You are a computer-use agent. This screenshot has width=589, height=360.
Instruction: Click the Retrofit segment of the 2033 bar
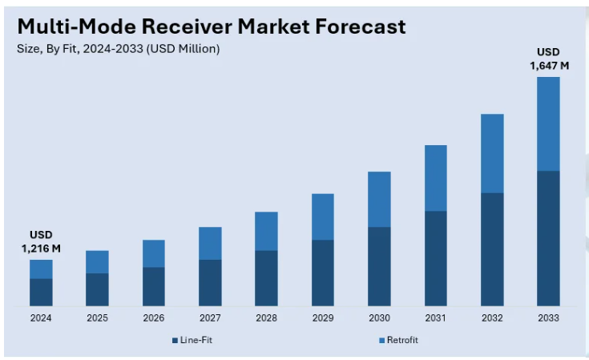pyautogui.click(x=548, y=123)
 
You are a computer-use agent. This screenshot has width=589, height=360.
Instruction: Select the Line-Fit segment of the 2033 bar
pyautogui.click(x=548, y=238)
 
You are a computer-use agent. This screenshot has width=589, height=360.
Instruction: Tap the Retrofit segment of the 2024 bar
pyautogui.click(x=41, y=269)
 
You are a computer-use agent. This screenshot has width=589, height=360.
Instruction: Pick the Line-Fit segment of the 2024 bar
pyautogui.click(x=41, y=292)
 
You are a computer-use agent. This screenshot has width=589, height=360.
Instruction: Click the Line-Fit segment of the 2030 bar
pyautogui.click(x=379, y=266)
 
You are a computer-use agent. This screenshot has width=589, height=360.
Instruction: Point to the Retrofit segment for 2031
pyautogui.click(x=435, y=178)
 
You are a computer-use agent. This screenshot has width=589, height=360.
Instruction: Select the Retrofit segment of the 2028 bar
pyautogui.click(x=266, y=231)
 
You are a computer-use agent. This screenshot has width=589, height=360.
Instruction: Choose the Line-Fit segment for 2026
pyautogui.click(x=154, y=286)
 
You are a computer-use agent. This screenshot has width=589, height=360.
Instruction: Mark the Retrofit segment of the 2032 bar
pyautogui.click(x=492, y=153)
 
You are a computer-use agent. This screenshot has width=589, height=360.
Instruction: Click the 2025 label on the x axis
pyautogui.click(x=97, y=318)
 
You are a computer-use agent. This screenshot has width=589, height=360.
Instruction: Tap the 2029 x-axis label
pyautogui.click(x=322, y=318)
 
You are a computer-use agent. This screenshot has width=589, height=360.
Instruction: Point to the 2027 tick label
pyautogui.click(x=210, y=318)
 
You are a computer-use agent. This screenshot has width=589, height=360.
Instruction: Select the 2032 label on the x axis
pyautogui.click(x=492, y=318)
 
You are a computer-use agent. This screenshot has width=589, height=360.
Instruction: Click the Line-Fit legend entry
pyautogui.click(x=192, y=340)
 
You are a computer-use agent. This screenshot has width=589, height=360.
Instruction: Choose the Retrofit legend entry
pyautogui.click(x=397, y=340)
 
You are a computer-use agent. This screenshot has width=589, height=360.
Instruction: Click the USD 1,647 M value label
pyautogui.click(x=549, y=59)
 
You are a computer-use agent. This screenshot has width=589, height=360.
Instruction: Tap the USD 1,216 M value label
pyautogui.click(x=41, y=241)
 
